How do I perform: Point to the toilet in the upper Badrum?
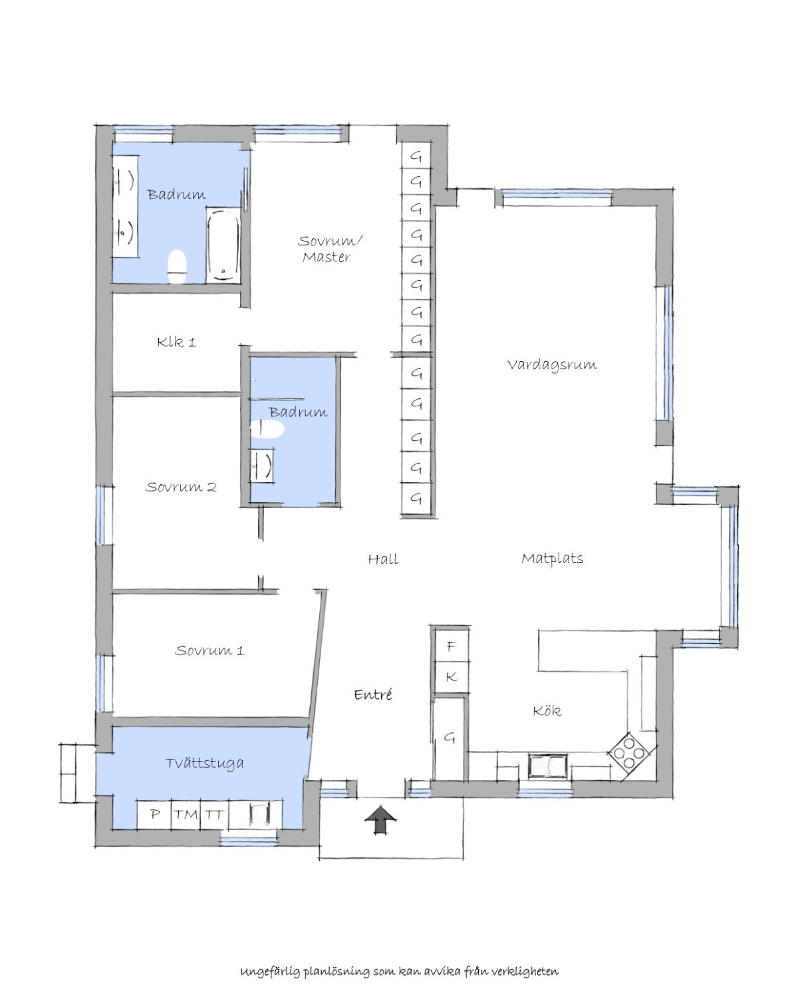point(177,266)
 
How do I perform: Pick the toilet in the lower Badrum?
point(267,429)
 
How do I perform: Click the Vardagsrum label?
point(552,365)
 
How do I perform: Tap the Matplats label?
point(552,559)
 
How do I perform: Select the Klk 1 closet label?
point(176,342)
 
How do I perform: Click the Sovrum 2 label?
point(181,487)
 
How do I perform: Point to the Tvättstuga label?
point(204,763)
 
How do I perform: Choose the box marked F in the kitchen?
point(451,646)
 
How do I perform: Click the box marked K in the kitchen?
point(451,678)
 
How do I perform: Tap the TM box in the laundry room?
point(186,815)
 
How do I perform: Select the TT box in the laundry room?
point(215,815)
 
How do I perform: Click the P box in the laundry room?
point(154,815)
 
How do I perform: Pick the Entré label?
point(372,694)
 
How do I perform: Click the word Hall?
point(383,559)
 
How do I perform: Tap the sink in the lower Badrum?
point(262,465)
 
